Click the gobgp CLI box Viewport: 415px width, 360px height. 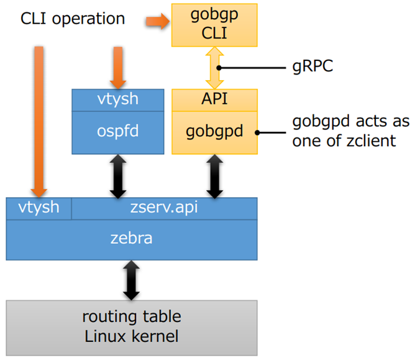pos(214,24)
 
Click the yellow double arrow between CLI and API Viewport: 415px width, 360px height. pos(214,67)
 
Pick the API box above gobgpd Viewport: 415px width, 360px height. pos(214,99)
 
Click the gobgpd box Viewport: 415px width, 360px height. pos(214,132)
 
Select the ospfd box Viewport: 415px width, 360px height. pos(118,132)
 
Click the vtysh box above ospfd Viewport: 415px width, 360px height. pos(118,99)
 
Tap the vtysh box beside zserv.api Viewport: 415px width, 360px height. pos(39,208)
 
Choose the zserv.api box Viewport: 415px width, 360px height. pos(165,208)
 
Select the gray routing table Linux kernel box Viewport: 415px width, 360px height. pos(132,327)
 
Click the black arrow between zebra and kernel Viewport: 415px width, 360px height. pos(132,280)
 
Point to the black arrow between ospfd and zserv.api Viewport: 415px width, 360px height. pos(118,175)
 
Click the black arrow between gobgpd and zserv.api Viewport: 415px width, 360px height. pos(214,175)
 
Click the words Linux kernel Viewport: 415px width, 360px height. pos(132,337)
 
